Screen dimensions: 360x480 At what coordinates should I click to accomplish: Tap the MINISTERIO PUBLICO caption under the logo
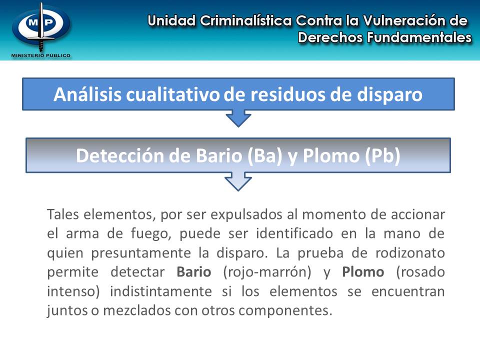coord(41,55)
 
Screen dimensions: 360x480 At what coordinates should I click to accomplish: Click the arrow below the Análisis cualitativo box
coord(238,118)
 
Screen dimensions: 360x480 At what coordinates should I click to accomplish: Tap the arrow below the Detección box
coord(238,181)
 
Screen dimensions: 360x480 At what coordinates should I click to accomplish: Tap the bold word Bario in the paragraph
coord(194,272)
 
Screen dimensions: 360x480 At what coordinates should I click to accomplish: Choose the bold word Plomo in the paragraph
coord(363,272)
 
